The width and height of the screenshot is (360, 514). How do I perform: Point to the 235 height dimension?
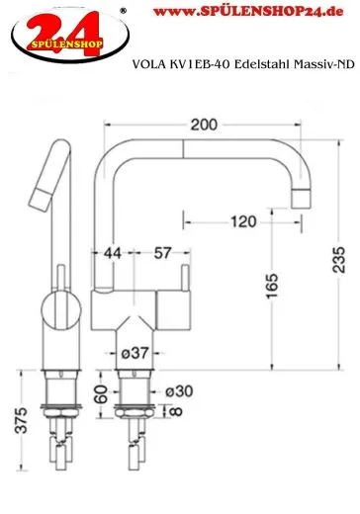tap(339, 261)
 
